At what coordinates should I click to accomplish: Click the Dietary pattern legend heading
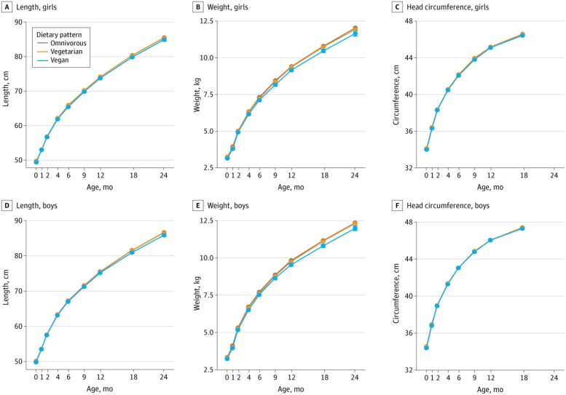[66, 33]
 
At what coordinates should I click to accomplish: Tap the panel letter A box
[7, 7]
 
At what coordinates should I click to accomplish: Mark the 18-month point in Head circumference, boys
[522, 228]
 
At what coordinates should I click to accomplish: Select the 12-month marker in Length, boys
[100, 272]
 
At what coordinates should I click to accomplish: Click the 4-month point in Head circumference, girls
[448, 89]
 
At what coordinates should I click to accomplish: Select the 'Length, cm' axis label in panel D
[7, 294]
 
